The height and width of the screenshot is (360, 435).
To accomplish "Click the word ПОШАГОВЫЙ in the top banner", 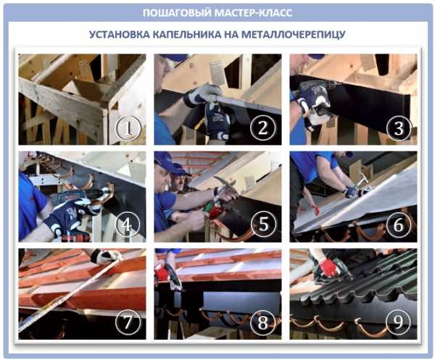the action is tap(177, 13).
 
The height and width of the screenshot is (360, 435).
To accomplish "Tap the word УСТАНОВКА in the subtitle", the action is tap(119, 34).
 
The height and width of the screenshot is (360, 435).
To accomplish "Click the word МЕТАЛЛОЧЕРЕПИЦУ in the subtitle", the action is tap(294, 34).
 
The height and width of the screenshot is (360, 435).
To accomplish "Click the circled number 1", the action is tap(128, 128).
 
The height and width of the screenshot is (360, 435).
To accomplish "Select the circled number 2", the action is tap(262, 127).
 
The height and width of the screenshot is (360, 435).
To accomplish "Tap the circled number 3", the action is tap(398, 127).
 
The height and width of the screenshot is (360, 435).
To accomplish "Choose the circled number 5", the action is tap(263, 225).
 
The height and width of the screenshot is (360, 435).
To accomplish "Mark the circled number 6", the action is tap(398, 225).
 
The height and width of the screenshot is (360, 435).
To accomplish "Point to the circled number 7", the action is tap(128, 322).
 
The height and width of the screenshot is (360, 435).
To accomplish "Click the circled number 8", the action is tap(262, 322).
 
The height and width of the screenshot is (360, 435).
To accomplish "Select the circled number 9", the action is tap(398, 322).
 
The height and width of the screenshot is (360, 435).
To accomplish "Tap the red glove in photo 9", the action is tap(328, 267).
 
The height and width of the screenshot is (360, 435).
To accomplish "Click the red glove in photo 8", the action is tap(161, 272).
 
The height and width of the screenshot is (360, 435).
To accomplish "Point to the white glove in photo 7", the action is tap(105, 256).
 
